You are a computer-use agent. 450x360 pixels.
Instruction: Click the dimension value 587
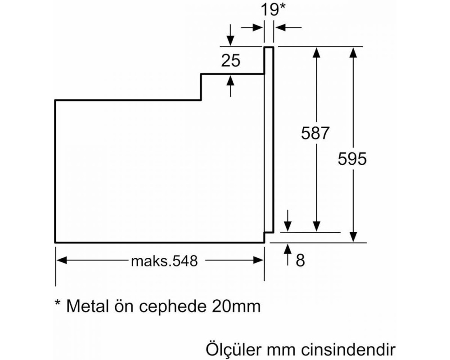click(315, 133)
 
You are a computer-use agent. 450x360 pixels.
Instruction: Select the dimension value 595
click(352, 159)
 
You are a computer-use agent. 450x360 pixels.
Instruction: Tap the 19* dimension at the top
click(273, 10)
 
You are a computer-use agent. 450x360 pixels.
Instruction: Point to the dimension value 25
click(230, 61)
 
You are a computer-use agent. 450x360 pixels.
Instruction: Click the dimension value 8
click(300, 261)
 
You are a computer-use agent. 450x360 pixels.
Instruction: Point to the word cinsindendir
click(348, 350)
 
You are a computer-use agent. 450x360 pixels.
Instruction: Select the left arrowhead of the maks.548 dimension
click(61, 261)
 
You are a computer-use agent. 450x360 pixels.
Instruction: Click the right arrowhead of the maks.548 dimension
click(258, 261)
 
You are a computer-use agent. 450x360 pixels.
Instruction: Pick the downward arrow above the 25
click(230, 35)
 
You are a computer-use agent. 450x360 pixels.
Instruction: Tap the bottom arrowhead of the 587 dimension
click(316, 226)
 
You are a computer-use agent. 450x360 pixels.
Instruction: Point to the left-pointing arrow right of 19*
click(288, 27)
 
